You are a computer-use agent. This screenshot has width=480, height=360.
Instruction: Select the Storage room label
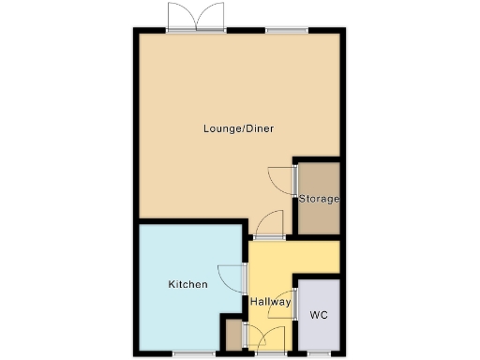(x=319, y=199)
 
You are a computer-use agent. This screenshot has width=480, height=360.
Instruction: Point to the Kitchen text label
(x=187, y=284)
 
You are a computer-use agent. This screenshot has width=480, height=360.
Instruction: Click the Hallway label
(x=270, y=302)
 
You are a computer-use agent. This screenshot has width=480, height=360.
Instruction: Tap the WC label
(x=318, y=315)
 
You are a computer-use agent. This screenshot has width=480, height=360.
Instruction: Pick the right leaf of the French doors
(x=212, y=17)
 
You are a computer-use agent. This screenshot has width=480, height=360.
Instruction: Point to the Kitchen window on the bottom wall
(x=192, y=355)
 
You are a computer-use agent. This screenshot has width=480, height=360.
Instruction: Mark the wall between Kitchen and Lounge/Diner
(x=192, y=221)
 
